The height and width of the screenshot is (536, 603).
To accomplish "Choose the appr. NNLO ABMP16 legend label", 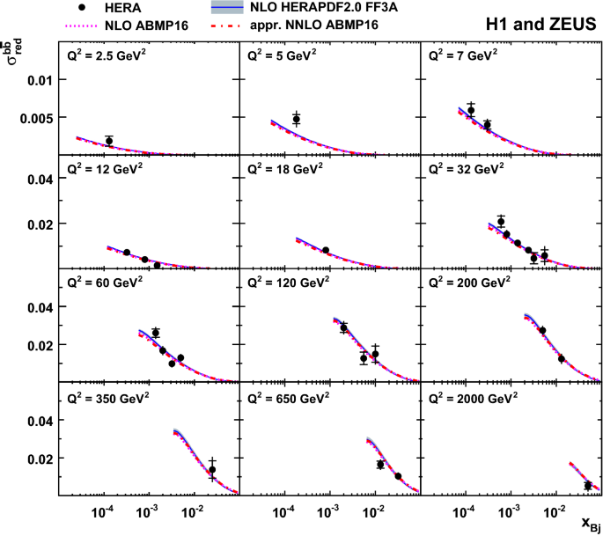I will (315, 25).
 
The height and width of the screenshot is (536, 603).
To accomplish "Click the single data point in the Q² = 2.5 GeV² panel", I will (109, 141).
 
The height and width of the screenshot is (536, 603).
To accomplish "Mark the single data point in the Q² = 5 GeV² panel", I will (296, 120).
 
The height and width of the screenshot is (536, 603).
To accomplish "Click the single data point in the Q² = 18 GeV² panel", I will (326, 250).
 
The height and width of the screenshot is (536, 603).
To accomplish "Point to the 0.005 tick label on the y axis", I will (39, 117).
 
